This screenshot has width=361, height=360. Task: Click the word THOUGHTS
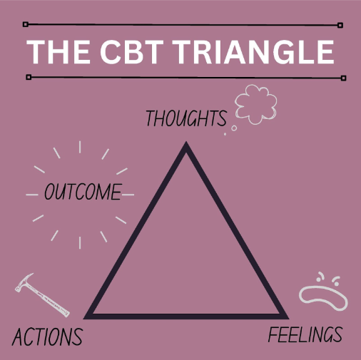[186, 118]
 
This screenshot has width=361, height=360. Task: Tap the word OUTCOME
[83, 192]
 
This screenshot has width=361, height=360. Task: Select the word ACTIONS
[47, 336]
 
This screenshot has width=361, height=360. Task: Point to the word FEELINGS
[305, 335]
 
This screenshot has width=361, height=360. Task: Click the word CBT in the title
[132, 52]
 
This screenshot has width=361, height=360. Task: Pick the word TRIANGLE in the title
[253, 52]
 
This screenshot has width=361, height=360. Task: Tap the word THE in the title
[59, 52]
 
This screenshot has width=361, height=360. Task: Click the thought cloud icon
[256, 105]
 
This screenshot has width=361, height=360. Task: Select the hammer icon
[42, 295]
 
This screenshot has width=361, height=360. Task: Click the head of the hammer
[24, 282]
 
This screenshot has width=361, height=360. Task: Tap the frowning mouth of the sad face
[323, 298]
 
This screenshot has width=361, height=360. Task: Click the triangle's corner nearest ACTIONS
[84, 319]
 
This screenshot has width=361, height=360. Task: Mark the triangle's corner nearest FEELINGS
[288, 319]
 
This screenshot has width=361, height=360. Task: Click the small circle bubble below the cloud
[234, 128]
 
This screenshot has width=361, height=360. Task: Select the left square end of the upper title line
[26, 24]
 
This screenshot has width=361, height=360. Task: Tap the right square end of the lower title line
[343, 78]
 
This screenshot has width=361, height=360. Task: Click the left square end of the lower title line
[29, 77]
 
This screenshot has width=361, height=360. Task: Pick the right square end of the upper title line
[340, 25]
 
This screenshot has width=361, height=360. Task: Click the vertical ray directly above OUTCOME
[80, 147]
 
